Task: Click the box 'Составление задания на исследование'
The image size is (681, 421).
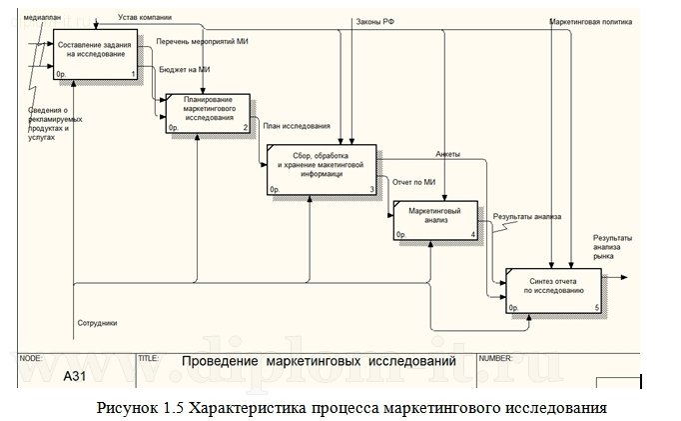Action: click(96, 55)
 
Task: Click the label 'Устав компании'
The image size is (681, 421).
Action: click(146, 17)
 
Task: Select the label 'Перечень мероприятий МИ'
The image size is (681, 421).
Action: click(202, 43)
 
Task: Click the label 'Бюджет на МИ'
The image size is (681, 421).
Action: click(185, 69)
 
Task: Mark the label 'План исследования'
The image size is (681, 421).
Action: click(297, 126)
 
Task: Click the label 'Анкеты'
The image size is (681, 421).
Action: click(447, 154)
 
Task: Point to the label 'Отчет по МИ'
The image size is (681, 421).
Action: click(415, 182)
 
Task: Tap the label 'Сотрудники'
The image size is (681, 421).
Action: click(98, 323)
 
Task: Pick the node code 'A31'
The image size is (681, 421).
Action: click(76, 376)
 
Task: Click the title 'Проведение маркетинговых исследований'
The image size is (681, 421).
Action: click(318, 360)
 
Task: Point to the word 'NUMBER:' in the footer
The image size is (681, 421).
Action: click(496, 356)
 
